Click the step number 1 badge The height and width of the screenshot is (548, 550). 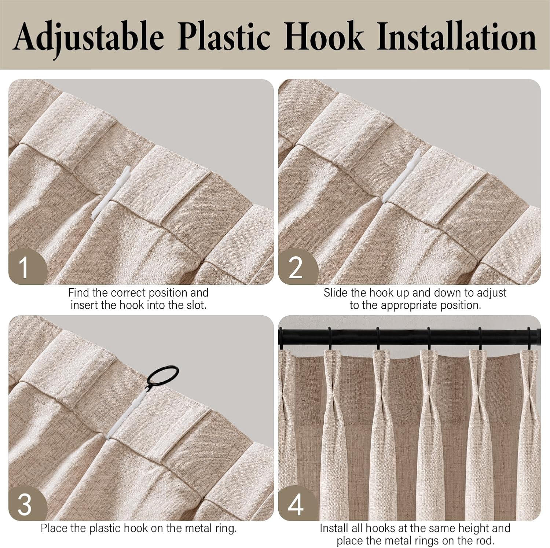pos(26,266)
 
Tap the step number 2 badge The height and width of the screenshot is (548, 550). pos(296,267)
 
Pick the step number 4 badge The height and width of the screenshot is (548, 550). pos(296,504)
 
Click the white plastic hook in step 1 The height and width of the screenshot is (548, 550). pos(110,193)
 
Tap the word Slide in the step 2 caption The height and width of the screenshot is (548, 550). pos(335,293)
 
